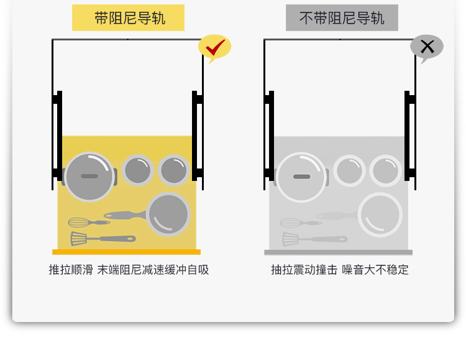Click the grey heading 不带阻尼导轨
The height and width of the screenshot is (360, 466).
[342, 18]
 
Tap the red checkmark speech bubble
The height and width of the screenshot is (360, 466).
[214, 48]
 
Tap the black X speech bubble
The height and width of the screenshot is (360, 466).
[427, 48]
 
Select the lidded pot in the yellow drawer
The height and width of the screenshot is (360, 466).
[89, 177]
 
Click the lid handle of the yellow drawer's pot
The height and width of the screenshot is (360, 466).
[89, 176]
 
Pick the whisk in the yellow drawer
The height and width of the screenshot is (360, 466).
[89, 222]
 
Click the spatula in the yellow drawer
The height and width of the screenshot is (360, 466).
[103, 239]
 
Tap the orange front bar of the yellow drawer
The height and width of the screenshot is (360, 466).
[126, 252]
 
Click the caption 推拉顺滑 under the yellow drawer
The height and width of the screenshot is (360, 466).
[71, 270]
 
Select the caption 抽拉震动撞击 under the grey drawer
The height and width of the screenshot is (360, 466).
[304, 270]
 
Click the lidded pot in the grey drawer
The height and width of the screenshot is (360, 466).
[301, 177]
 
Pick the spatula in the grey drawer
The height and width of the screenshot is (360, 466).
[315, 239]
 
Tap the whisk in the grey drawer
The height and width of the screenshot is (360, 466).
[301, 223]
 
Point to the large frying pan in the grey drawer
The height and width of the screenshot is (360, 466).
[380, 215]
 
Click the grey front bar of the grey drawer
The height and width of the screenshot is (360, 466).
[338, 252]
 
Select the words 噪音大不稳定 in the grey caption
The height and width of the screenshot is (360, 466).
[375, 270]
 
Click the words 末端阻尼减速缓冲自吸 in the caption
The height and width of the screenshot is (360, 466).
[153, 270]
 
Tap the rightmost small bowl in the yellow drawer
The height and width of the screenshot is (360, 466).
[174, 170]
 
